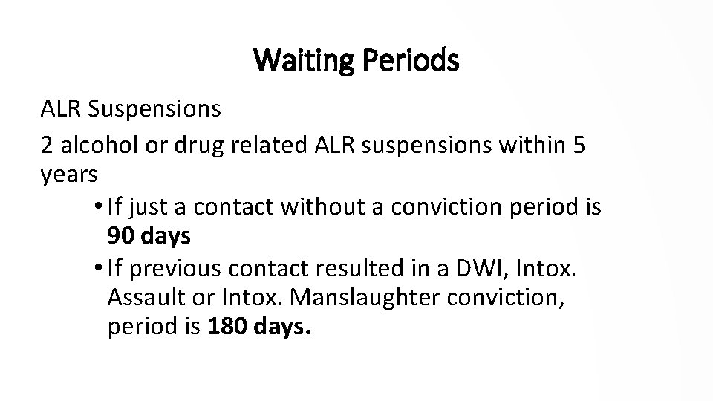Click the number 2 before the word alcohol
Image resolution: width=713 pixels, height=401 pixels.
coord(47,146)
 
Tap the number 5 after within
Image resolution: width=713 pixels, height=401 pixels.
coord(579,146)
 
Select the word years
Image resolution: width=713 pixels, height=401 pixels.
coord(68,175)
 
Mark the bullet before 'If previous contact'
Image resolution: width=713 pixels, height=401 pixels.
coord(101,264)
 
